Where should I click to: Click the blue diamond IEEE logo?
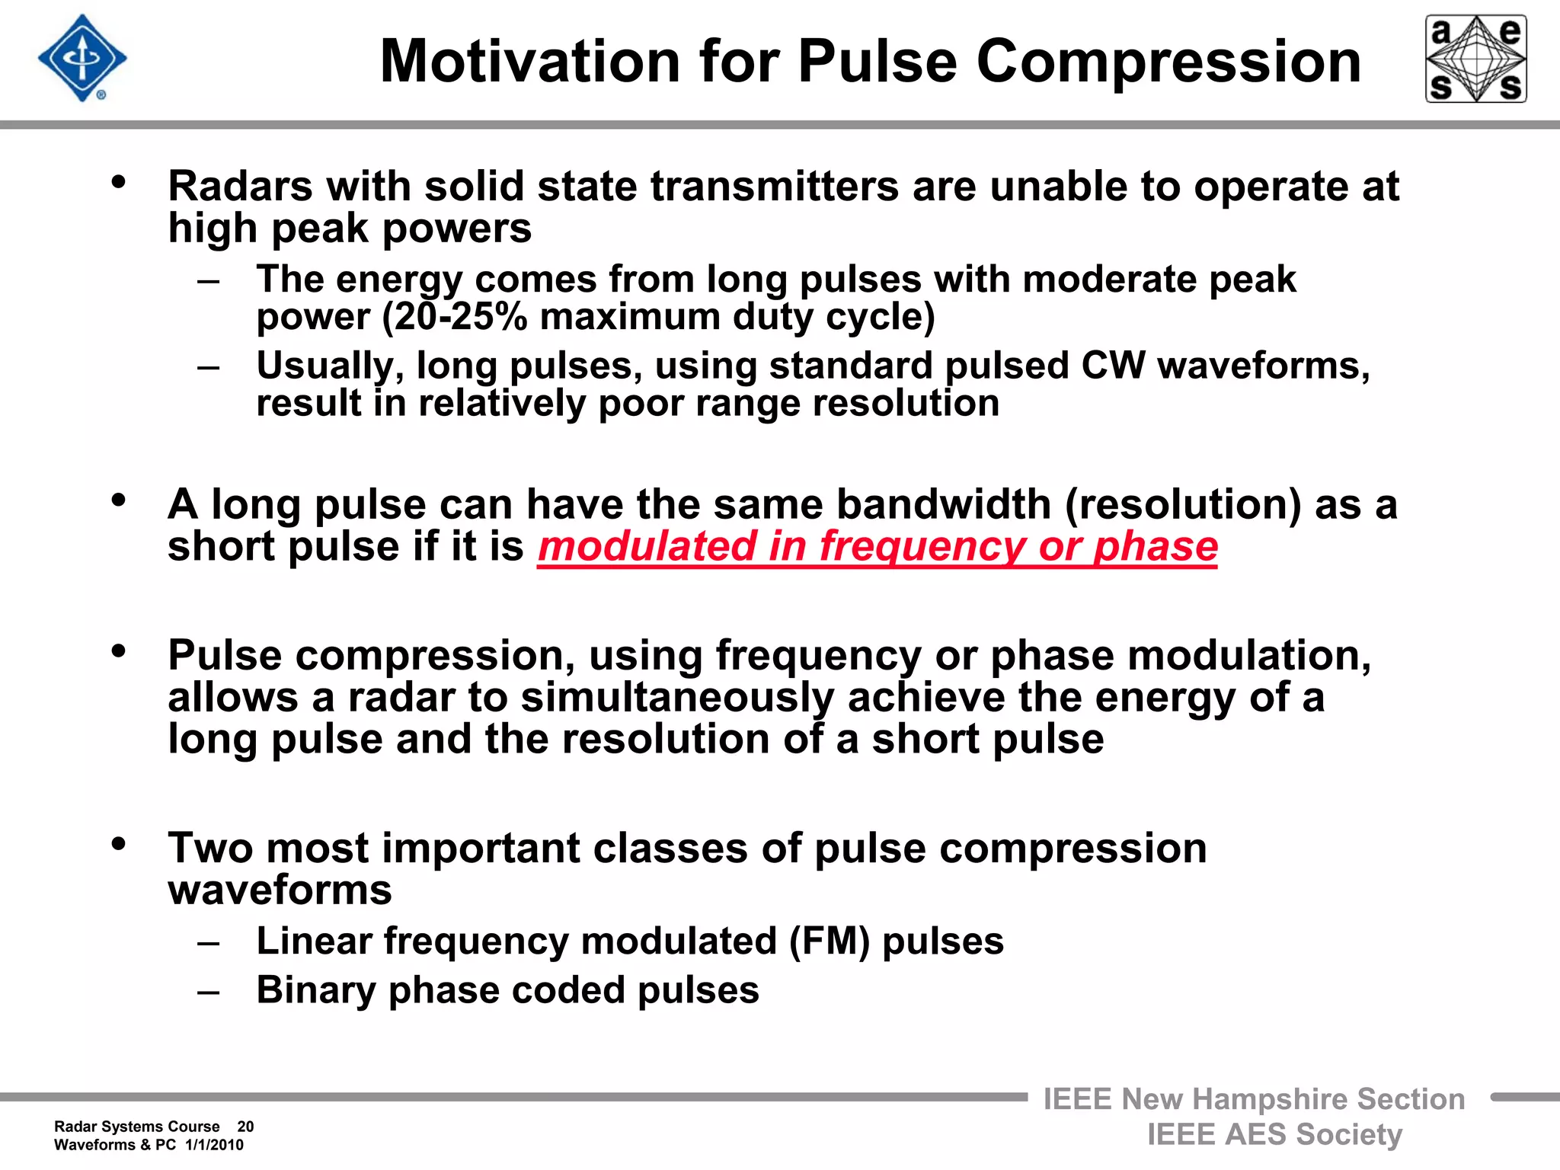tap(82, 59)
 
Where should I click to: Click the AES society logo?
tap(1475, 59)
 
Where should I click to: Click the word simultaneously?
tap(677, 698)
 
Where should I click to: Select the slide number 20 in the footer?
tap(245, 1127)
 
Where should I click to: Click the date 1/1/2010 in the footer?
tap(214, 1145)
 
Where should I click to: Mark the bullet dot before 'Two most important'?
tap(118, 844)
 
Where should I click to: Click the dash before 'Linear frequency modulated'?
tap(208, 944)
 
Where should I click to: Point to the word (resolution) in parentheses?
tap(1183, 504)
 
